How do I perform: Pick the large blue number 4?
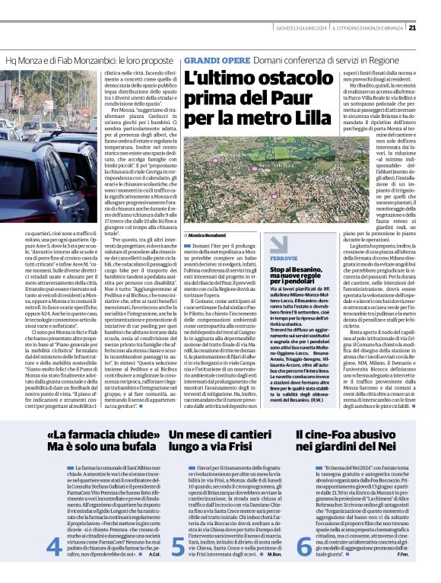click(x=53, y=546)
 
